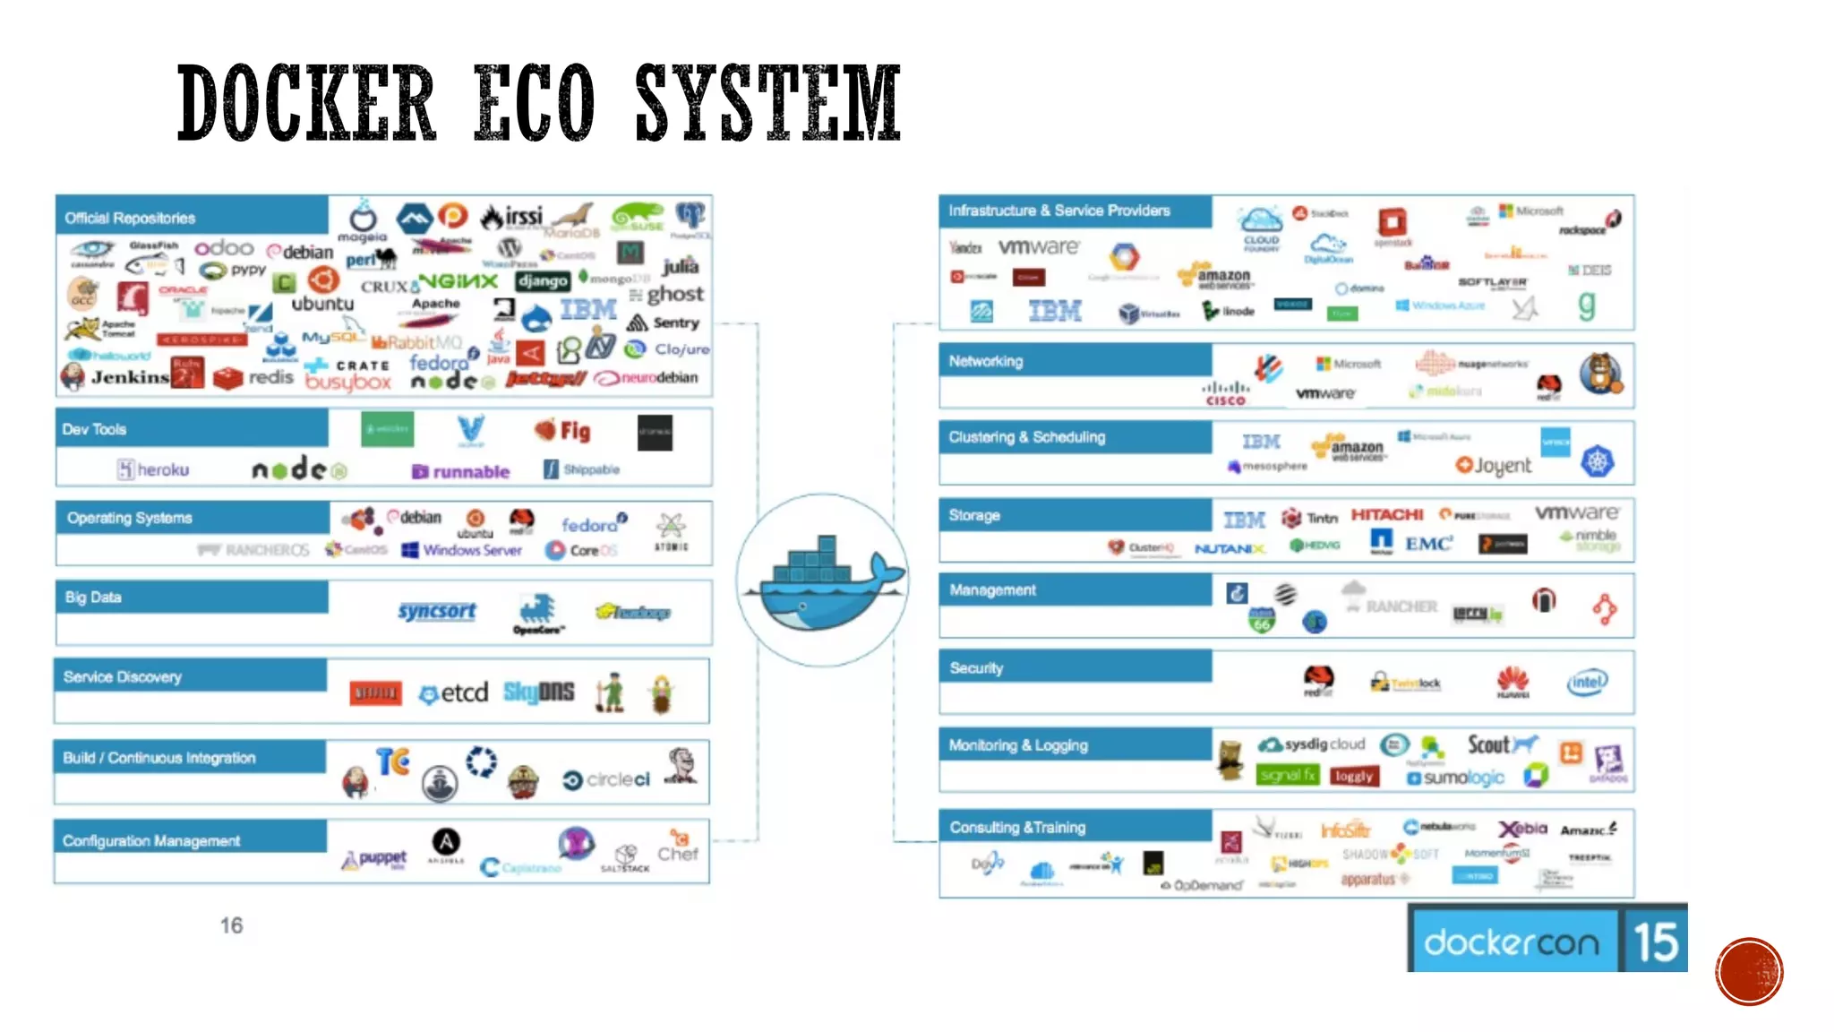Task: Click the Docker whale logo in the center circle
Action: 822,580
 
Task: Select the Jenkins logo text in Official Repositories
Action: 130,377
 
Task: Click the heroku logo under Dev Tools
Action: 153,469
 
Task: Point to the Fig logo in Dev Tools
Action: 563,431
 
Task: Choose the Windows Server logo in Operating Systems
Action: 462,550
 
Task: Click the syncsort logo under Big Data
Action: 437,611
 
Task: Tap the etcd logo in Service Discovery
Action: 454,692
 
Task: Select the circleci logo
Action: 606,780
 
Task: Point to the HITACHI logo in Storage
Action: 1386,514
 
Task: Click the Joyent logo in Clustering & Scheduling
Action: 1494,465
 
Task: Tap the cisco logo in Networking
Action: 1225,393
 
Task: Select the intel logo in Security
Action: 1587,683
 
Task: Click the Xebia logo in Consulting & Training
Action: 1523,829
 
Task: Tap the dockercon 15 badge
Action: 1547,940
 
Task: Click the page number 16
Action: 231,925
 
